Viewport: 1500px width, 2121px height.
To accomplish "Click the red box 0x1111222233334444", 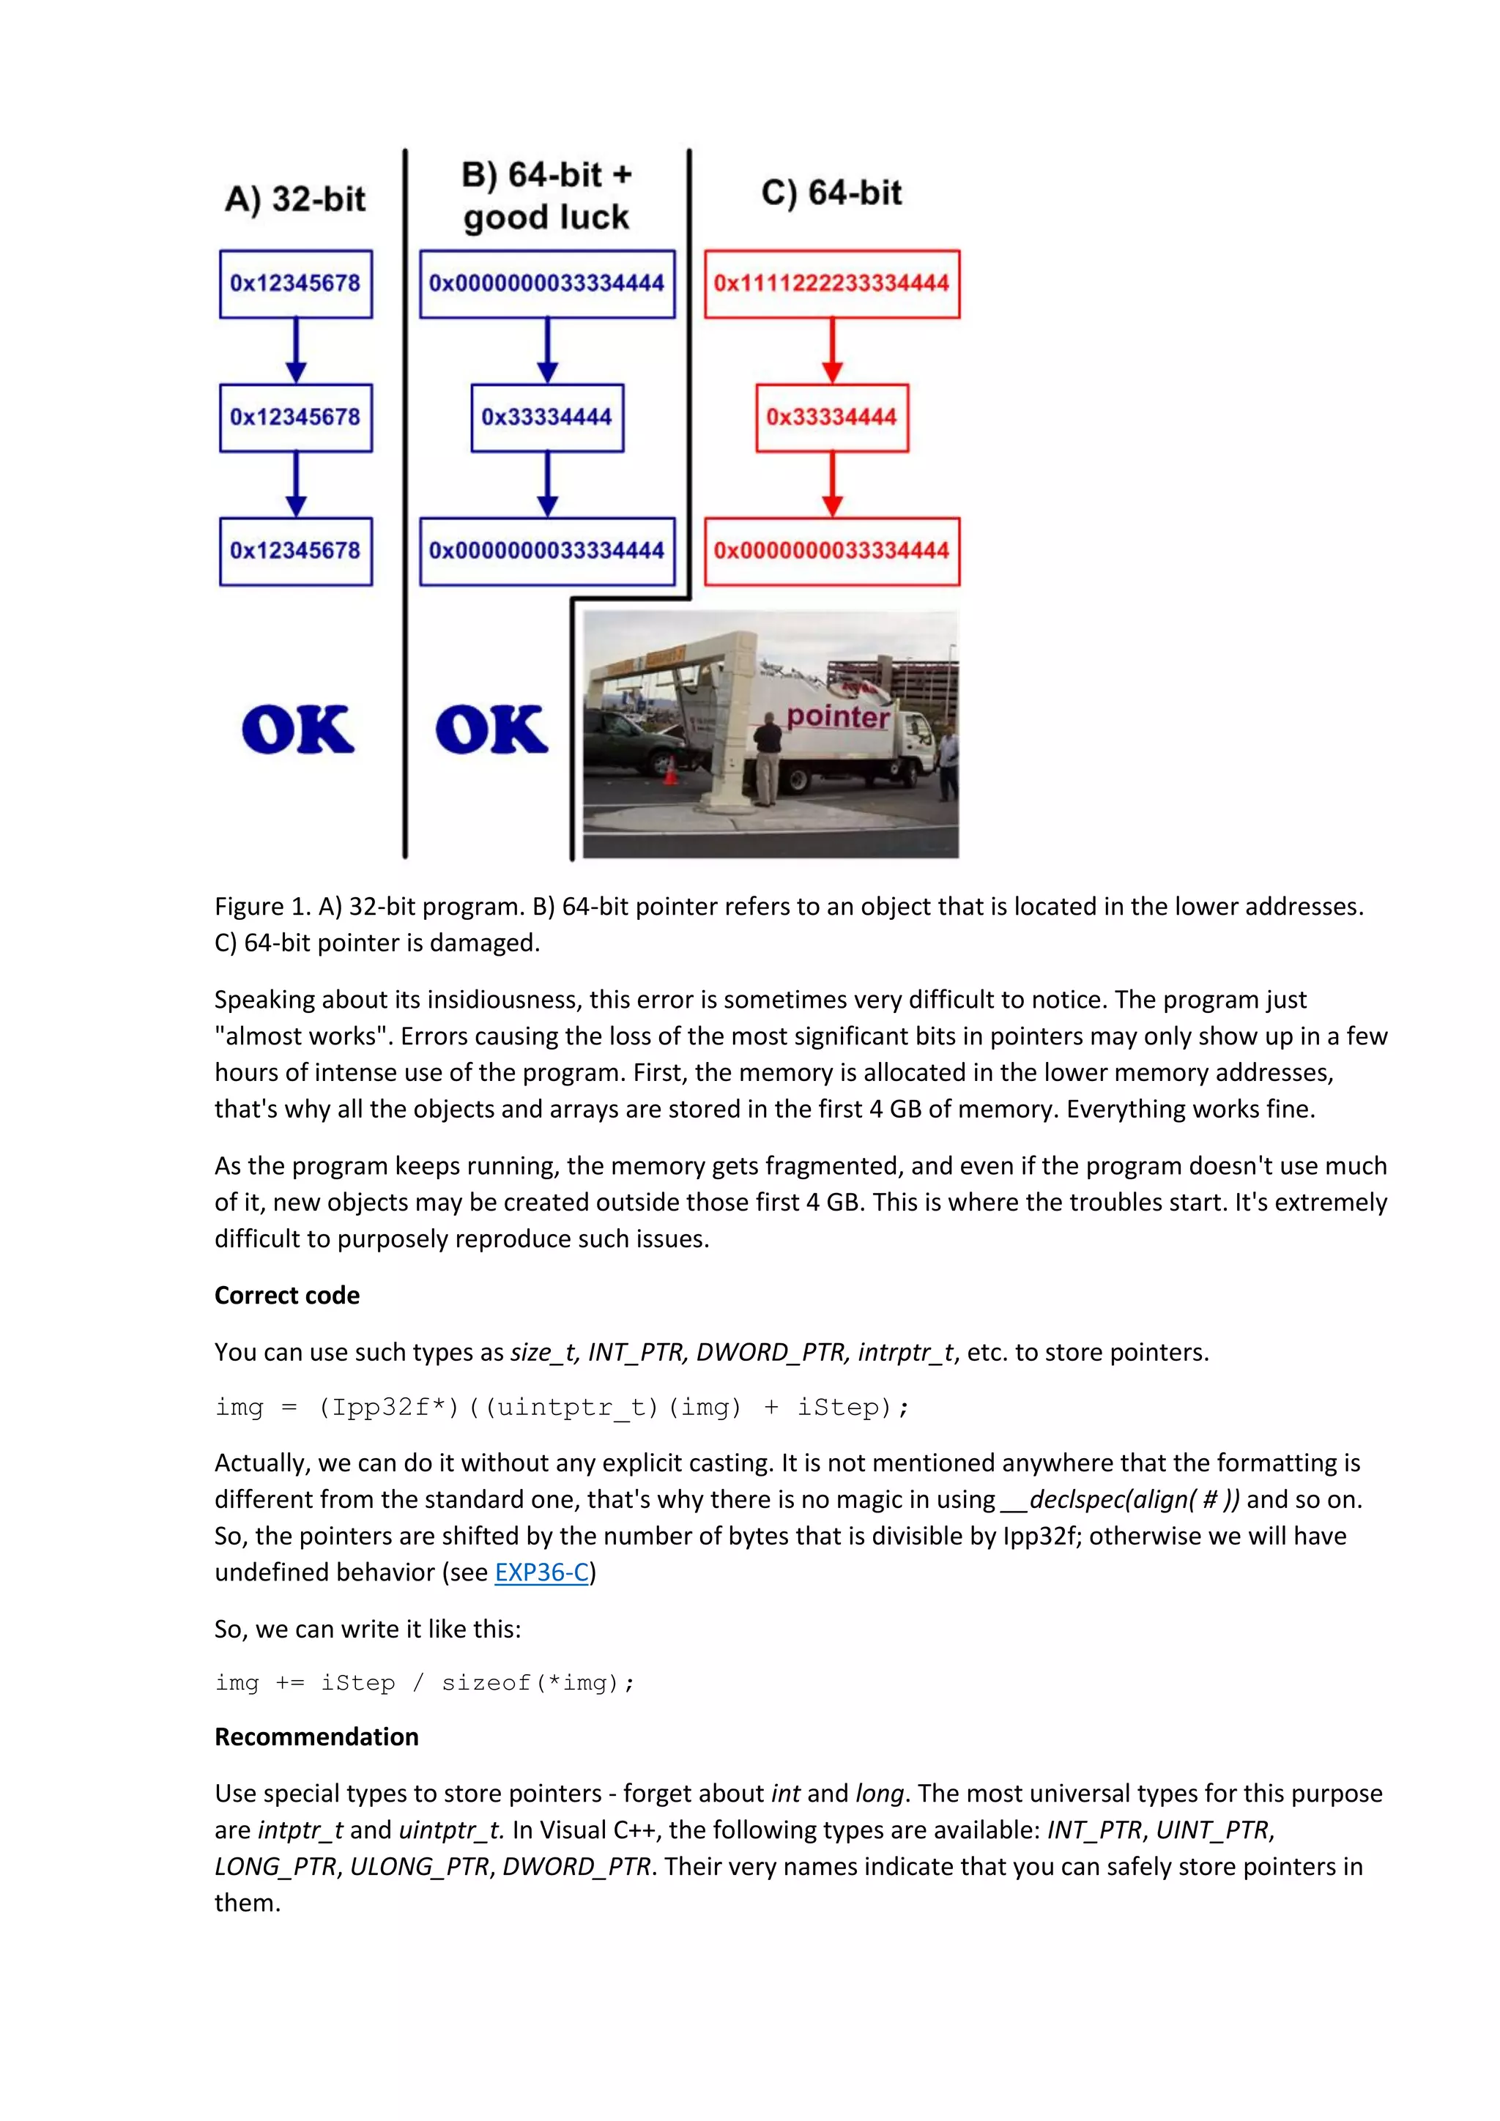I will (x=831, y=283).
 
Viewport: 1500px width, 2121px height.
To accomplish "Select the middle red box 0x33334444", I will (x=831, y=417).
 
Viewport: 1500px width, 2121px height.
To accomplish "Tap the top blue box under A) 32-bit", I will (x=296, y=283).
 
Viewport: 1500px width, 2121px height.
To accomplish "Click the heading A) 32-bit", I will (x=296, y=198).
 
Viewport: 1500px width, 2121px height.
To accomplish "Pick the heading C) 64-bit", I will (x=831, y=193).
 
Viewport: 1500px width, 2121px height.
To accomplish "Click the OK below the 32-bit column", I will (x=297, y=729).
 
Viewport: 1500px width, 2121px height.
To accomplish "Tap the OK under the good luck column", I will (x=491, y=729).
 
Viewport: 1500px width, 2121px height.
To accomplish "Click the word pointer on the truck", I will (x=838, y=717).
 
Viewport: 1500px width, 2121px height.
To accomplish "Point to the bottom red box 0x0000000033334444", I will (x=831, y=551).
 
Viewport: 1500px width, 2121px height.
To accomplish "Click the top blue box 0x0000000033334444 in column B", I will (x=547, y=283).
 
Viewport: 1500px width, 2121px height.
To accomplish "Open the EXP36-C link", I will (x=541, y=1572).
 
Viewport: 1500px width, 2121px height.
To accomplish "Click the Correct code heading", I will (x=286, y=1295).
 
